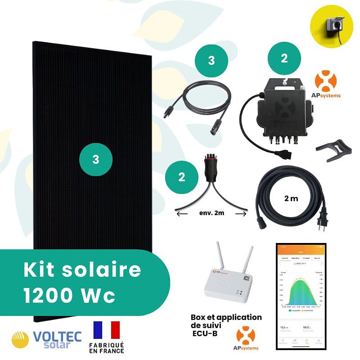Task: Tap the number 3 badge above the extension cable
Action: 211,61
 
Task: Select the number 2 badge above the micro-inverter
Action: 284,59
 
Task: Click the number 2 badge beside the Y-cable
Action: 182,177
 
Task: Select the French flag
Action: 107,330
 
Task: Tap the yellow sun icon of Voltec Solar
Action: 20,340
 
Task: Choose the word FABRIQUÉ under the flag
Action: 107,345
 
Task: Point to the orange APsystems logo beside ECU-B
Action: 246,337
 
